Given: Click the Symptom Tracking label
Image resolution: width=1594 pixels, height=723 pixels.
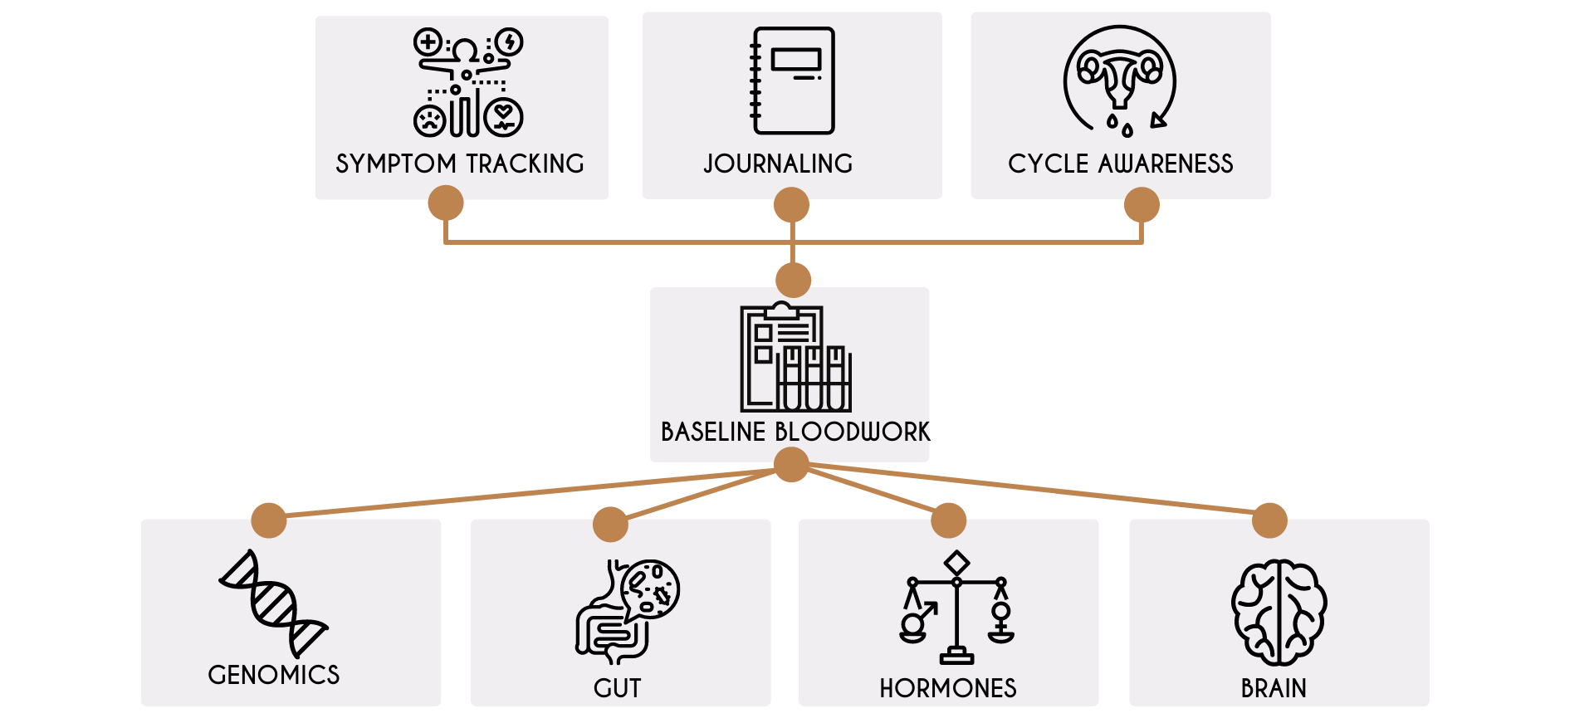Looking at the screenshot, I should pos(460,164).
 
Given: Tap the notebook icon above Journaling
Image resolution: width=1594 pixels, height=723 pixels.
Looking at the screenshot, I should pos(793,81).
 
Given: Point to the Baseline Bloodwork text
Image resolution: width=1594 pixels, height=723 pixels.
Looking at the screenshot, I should pos(795,432).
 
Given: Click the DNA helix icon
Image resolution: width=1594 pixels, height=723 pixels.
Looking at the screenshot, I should pos(273,603).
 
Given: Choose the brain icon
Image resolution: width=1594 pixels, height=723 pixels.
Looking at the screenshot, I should pos(1279,613).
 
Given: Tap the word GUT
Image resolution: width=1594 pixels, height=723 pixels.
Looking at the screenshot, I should pos(617,688).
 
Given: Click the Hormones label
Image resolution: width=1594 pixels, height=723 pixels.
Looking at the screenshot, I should pos(948,688).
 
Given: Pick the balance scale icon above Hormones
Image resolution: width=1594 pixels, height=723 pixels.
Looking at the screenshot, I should pos(957,608).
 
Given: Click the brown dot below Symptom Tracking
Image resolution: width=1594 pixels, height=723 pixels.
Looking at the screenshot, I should pos(446,203).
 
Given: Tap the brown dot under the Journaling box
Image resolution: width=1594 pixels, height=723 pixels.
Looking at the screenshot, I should pos(791,205).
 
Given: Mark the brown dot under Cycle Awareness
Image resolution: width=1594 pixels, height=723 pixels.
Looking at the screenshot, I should pos(1142,205).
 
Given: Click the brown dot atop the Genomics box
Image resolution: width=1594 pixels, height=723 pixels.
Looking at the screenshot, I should pos(269,520).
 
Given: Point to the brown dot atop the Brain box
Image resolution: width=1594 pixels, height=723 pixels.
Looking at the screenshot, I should pos(1269,520).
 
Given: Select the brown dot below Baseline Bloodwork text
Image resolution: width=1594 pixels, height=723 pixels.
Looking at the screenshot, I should pos(791,465).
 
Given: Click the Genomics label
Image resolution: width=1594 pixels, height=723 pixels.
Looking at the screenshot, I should pos(274,675).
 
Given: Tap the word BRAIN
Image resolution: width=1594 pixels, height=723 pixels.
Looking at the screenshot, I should pos(1274,688).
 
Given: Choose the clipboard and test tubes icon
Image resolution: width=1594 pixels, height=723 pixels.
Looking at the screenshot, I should pos(795,358).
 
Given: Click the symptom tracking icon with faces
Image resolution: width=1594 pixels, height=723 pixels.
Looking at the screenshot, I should pos(468,82).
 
